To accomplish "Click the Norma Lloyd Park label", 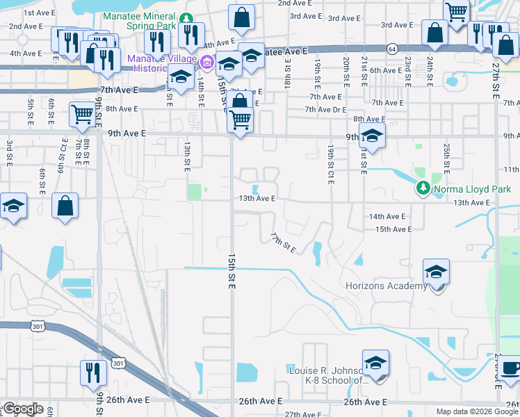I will [472, 189].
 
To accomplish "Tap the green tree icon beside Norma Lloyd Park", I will [423, 188].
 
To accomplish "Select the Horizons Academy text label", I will [387, 286].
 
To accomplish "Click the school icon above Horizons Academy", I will [436, 271].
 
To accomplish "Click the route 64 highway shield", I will [393, 49].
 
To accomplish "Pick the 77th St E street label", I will [284, 243].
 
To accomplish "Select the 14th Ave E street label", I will [387, 217].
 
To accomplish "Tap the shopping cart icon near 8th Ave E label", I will [83, 113].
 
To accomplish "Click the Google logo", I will [22, 409].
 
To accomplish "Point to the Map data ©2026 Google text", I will [478, 411].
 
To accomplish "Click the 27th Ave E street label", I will [302, 414].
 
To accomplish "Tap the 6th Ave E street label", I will [386, 70].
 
